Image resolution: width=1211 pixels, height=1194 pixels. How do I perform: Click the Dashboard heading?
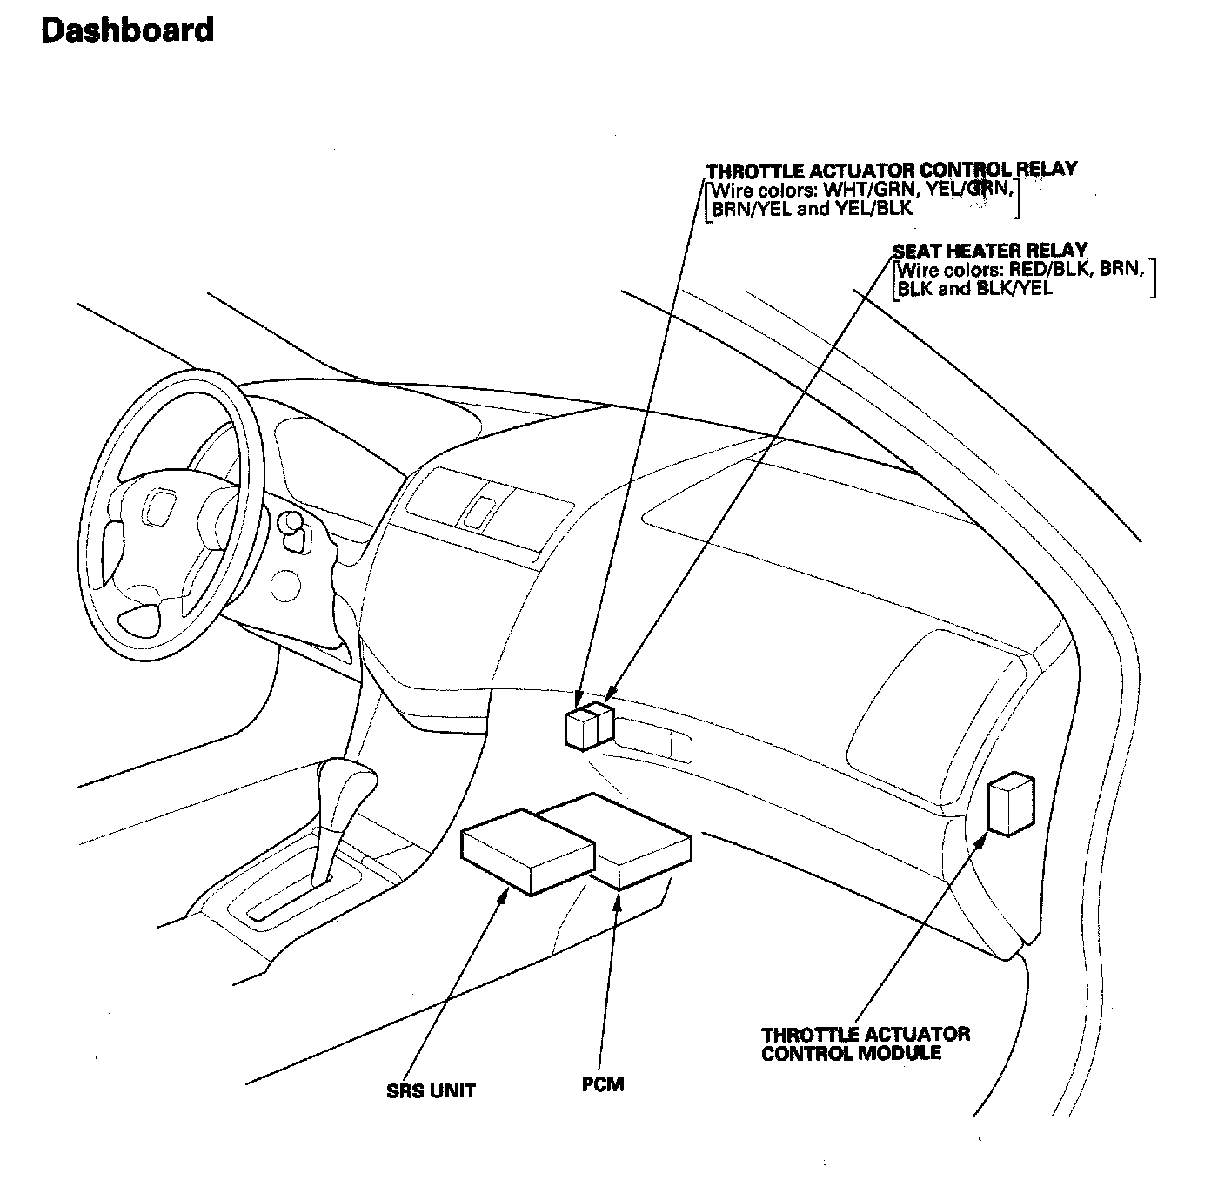[x=127, y=30]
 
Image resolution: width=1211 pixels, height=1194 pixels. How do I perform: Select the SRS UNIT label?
[x=431, y=1090]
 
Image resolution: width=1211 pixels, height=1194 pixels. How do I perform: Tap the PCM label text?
[x=603, y=1084]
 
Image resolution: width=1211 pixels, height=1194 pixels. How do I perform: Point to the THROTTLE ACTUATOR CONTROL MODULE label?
[x=865, y=1043]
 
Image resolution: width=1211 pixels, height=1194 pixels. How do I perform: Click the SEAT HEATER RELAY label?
[x=990, y=251]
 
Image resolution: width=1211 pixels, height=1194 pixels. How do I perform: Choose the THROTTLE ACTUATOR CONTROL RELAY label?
[x=891, y=170]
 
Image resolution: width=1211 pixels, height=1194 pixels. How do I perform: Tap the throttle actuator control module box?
[x=1010, y=803]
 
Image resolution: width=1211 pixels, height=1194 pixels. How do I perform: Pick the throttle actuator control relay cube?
[x=581, y=728]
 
